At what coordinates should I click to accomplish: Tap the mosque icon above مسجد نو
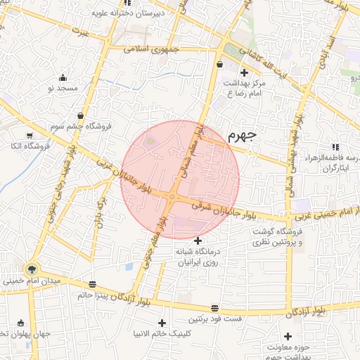pos(64,77)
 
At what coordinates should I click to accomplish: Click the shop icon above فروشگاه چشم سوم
pos(82,115)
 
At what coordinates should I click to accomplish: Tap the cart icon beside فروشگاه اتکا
pos(29,135)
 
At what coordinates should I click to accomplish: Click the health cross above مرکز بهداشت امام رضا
pos(244,72)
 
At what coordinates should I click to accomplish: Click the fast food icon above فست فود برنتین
pos(214,308)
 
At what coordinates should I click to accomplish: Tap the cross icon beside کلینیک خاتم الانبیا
pos(162,322)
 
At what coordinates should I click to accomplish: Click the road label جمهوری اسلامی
pos(155,49)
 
